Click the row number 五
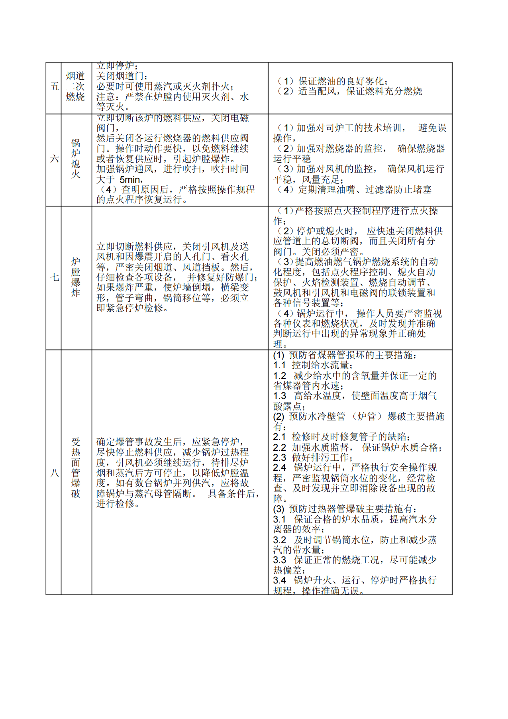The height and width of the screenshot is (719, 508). coord(54,86)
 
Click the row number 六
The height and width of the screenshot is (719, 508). coord(54,159)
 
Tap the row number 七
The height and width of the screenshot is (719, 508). coord(54,277)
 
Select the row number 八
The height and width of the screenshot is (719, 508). coord(54,473)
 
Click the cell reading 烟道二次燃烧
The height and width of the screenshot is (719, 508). coord(76,86)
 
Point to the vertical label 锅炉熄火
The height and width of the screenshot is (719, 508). coord(76,159)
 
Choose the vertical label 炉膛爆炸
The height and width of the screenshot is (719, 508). coord(76,277)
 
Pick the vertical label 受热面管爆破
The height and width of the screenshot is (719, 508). coord(76,468)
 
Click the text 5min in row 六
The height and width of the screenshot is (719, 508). coord(131,180)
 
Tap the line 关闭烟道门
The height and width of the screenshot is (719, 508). coord(122,76)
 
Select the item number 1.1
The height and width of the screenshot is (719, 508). coord(279,365)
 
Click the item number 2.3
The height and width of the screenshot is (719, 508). coord(279,458)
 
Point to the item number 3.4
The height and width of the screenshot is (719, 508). coord(279,580)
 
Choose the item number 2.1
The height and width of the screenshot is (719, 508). coord(279,437)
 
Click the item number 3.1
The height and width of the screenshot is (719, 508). coord(279,519)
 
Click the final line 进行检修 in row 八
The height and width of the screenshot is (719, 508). coord(118,504)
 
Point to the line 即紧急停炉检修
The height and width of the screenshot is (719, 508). coord(132,308)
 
